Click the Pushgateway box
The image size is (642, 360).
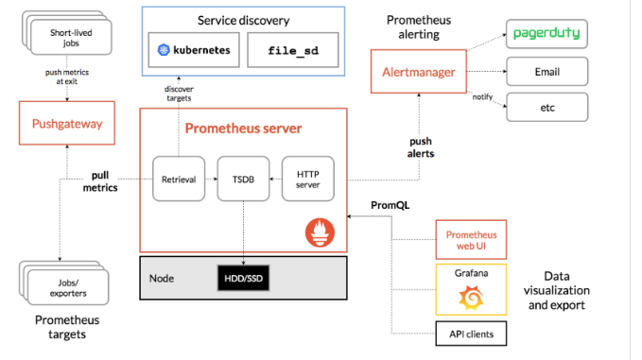click(67, 123)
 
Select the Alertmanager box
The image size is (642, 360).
click(419, 72)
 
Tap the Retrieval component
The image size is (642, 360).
click(179, 179)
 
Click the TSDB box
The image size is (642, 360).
click(243, 179)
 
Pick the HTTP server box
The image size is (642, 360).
click(308, 179)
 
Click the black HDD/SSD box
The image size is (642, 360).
click(243, 278)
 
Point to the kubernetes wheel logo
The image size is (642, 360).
click(164, 50)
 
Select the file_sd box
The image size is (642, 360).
click(293, 50)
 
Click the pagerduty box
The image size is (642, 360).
click(547, 34)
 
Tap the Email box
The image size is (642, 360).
click(547, 72)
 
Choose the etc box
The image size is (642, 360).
click(547, 107)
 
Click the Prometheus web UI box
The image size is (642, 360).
click(471, 240)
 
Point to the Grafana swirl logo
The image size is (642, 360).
click(471, 298)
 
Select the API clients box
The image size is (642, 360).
click(471, 334)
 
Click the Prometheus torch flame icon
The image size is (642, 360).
click(320, 232)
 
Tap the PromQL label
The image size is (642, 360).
click(390, 205)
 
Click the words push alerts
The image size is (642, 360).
click(421, 147)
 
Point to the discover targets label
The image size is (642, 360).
click(179, 94)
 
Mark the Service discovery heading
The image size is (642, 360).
click(243, 21)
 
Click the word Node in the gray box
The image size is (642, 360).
click(162, 278)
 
